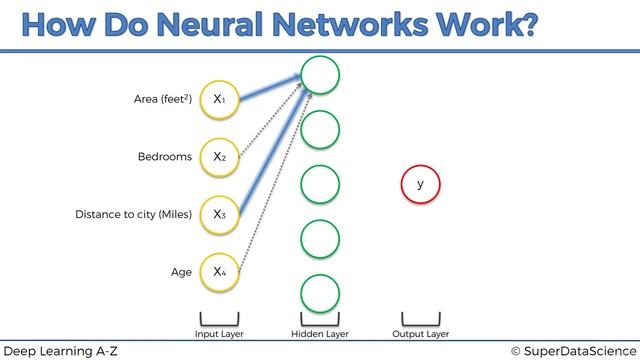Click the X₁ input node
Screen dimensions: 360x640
(219, 98)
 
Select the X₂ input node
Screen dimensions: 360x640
(219, 156)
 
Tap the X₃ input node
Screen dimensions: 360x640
(219, 213)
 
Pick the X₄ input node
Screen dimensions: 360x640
(219, 271)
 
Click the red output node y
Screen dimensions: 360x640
(420, 184)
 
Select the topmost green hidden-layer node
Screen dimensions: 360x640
(320, 74)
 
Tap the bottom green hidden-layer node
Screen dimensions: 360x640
(320, 293)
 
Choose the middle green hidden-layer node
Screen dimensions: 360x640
(320, 184)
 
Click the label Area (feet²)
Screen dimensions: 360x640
(163, 99)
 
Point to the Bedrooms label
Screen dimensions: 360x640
(164, 157)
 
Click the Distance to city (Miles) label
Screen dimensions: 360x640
(133, 214)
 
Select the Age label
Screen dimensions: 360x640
(181, 272)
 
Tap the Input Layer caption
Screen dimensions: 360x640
(219, 333)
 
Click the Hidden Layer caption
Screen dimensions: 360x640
(320, 333)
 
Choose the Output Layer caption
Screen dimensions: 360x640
(420, 333)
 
